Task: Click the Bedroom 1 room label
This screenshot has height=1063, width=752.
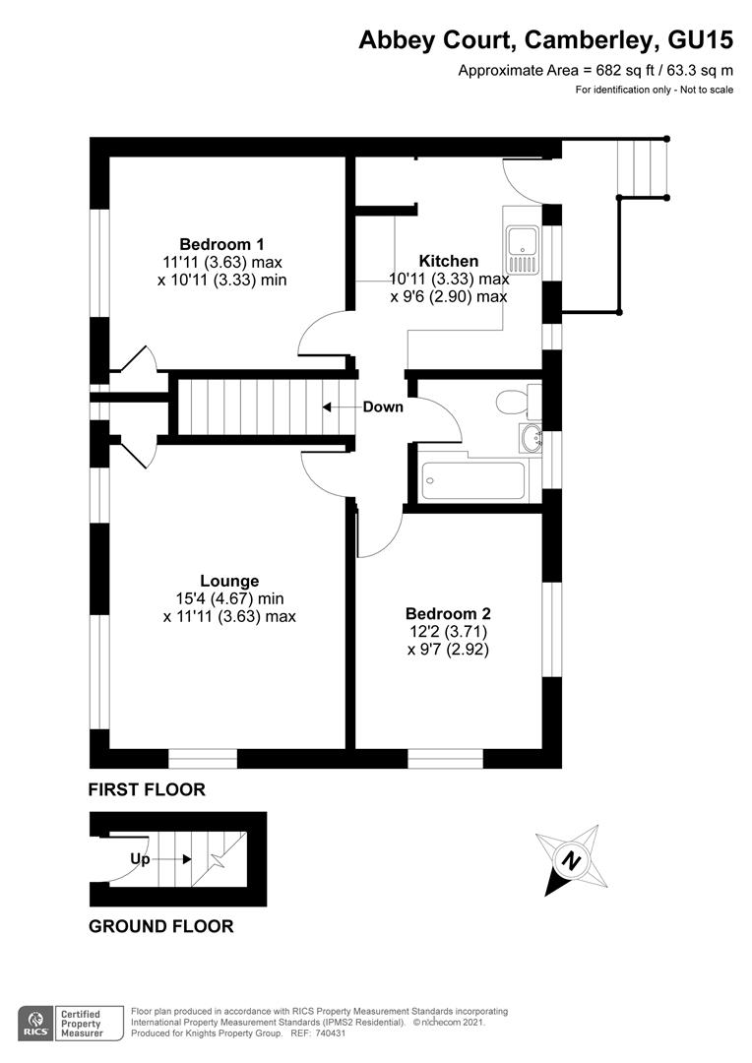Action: [x=221, y=244]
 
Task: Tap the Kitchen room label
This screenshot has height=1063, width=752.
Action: [x=449, y=261]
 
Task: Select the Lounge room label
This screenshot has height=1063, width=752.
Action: [x=229, y=581]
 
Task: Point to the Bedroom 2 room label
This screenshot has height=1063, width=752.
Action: [x=448, y=614]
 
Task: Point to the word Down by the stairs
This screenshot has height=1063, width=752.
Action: [x=383, y=406]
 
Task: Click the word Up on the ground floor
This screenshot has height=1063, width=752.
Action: [x=140, y=858]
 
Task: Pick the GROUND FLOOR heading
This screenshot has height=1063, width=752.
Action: [x=161, y=926]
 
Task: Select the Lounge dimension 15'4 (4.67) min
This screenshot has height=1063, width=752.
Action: [x=229, y=598]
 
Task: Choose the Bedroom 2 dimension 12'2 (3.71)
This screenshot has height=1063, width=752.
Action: [x=448, y=632]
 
